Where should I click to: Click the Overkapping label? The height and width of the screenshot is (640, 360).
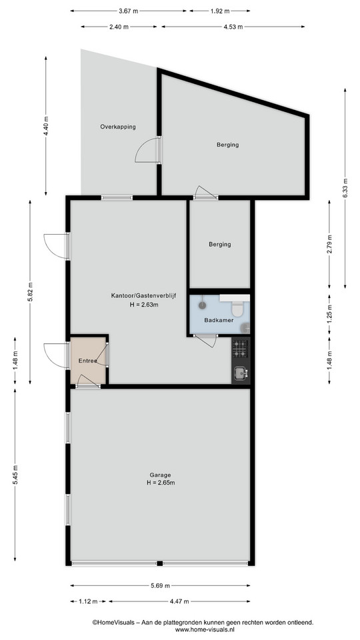[118, 127]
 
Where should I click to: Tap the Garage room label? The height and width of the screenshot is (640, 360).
[160, 475]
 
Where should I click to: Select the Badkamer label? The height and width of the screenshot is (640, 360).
[219, 321]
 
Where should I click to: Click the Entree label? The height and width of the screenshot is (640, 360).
[88, 361]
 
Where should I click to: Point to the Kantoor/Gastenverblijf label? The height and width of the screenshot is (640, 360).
[143, 295]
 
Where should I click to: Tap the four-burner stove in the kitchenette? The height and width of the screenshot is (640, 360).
[240, 349]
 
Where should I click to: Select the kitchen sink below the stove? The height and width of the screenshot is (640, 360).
[240, 372]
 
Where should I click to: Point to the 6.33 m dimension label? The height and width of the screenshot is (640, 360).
[345, 188]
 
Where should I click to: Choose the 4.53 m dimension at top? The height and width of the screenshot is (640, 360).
[233, 27]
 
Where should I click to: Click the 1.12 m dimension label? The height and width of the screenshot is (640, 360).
[88, 601]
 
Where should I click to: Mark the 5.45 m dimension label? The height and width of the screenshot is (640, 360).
[15, 475]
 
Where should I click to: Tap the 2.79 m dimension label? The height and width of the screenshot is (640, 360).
[329, 244]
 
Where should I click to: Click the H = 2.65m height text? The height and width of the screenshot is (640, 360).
[161, 483]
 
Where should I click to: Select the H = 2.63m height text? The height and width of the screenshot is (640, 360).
[143, 304]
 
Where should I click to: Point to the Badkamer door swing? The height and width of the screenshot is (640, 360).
[206, 341]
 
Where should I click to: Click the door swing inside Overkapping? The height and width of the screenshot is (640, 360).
[147, 150]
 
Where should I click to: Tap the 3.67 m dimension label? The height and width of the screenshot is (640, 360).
[128, 11]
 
